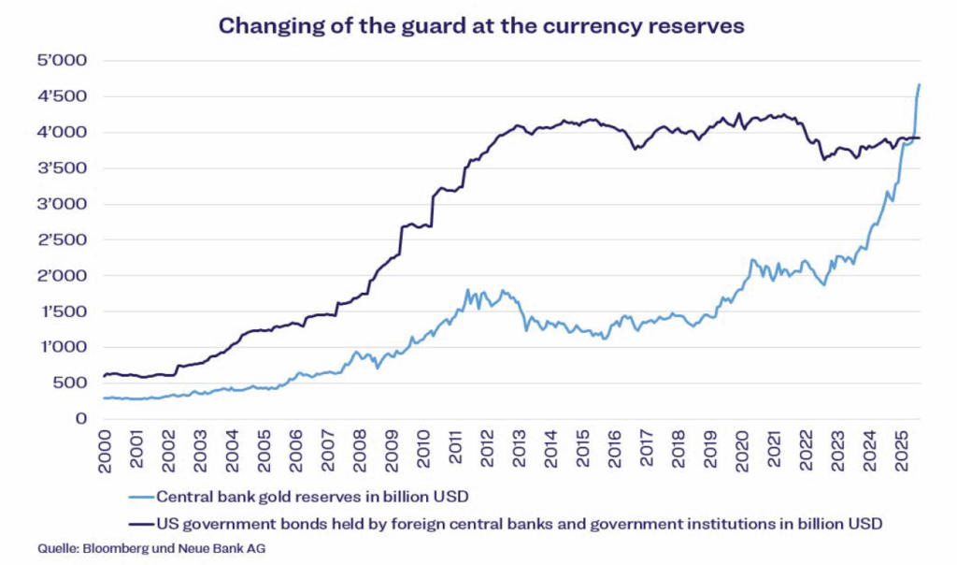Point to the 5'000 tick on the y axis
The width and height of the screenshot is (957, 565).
(59, 62)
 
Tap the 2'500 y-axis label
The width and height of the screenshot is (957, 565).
(59, 240)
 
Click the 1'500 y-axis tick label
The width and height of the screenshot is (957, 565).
(59, 311)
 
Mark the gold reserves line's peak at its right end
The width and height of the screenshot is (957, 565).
(919, 85)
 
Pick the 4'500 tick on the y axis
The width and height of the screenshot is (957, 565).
(59, 97)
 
